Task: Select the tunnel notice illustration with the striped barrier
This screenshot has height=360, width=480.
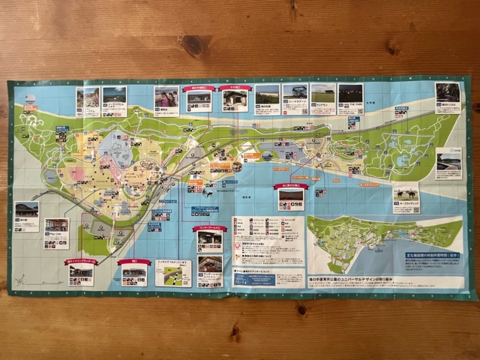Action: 173,273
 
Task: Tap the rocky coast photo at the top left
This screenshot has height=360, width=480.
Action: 88,98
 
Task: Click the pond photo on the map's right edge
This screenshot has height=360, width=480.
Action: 448,158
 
